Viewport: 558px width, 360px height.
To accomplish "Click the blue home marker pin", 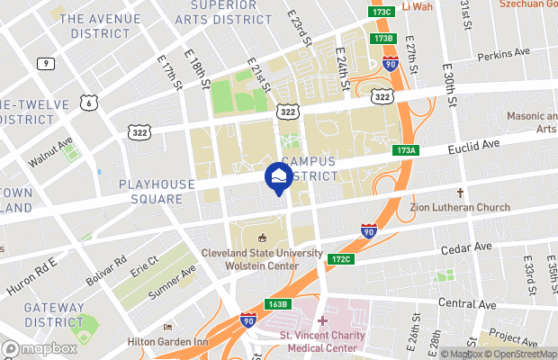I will pos(279,176).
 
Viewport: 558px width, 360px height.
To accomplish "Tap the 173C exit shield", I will pos(382,12).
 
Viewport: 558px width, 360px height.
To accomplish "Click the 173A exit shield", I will pos(404,151).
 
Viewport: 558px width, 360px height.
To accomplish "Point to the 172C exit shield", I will pos(339,259).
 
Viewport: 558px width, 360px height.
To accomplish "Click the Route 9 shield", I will pos(43,63).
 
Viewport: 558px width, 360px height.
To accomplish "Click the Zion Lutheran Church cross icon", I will pos(460,193).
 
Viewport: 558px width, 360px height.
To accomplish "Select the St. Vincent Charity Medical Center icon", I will pos(321,321).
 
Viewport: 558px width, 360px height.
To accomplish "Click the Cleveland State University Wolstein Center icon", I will pos(262,238).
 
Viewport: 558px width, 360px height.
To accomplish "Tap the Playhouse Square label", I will pos(157,191).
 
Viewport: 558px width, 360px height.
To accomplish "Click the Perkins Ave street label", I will pos(503,55).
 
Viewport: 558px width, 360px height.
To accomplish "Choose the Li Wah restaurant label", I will pos(418,7).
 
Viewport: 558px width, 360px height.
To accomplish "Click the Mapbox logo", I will pos(40,349).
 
